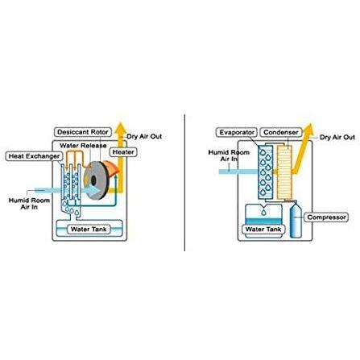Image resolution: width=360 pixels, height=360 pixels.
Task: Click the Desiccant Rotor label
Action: tap(83, 132)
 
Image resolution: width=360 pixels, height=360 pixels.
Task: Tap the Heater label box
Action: tap(123, 152)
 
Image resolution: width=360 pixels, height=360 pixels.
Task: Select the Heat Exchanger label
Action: tap(34, 156)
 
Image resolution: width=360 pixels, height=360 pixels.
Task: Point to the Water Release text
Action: tap(83, 146)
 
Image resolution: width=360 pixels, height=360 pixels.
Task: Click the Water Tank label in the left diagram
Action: tap(89, 230)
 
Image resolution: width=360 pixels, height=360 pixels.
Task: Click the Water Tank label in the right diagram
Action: tap(263, 230)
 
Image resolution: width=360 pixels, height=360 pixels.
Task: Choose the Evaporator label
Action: tap(237, 132)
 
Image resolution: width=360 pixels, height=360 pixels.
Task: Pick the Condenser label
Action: tap(281, 132)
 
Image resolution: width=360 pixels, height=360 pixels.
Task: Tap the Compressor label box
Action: tap(326, 217)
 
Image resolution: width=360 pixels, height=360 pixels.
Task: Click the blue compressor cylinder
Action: tap(296, 220)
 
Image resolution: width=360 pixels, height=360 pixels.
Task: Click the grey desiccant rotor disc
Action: tap(96, 180)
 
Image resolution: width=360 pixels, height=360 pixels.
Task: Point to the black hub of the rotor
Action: tap(93, 180)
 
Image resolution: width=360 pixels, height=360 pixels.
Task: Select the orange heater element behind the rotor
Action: tap(110, 168)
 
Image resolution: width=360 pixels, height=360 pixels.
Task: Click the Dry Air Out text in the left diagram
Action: tap(144, 136)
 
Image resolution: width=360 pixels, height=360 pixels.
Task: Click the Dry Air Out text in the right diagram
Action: tap(337, 137)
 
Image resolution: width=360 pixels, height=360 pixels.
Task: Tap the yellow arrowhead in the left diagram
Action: tap(121, 128)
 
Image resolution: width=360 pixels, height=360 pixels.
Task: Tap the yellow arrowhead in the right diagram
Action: tap(308, 129)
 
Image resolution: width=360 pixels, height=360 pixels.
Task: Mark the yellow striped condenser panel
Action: tap(284, 172)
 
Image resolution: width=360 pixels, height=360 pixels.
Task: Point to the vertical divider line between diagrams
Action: tap(184, 183)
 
